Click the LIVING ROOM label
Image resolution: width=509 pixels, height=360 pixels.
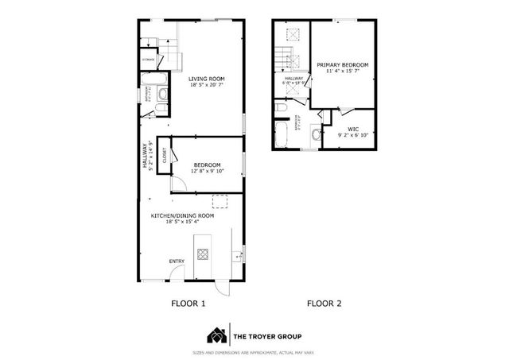coord(207,79)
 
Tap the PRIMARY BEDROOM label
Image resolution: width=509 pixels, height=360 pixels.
coord(342,64)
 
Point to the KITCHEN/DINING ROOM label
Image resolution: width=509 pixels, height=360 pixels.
coord(183,215)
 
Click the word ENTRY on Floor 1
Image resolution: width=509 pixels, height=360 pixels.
coord(177,261)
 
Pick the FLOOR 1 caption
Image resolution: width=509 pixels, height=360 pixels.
coord(189,304)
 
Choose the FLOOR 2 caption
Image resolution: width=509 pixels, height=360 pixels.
coord(324,304)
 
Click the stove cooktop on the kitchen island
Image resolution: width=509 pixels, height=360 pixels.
coord(203,255)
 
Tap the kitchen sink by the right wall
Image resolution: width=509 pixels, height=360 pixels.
coord(237,256)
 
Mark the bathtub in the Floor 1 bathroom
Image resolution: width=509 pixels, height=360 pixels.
coord(152,80)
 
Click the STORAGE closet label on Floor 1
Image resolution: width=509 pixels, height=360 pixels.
coord(149,59)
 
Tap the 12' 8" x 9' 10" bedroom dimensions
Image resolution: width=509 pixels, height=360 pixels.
coord(207,171)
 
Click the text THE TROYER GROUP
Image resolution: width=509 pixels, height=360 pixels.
coord(263,335)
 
